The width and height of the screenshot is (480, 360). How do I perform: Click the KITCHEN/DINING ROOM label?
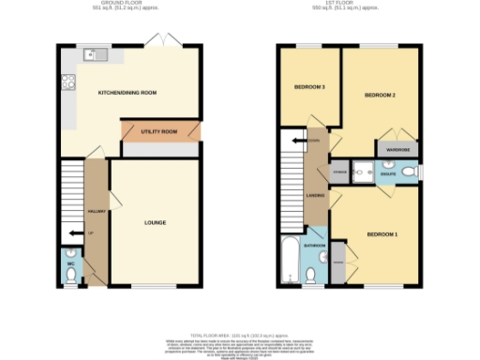click(x=127, y=93)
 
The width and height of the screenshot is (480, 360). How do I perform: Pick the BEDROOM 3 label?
click(x=309, y=86)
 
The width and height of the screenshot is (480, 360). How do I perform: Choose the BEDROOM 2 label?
click(x=380, y=96)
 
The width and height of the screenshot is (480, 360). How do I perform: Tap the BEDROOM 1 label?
click(x=382, y=233)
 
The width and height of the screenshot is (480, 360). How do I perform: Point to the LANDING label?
click(x=316, y=196)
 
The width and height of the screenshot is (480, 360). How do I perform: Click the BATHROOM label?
click(x=314, y=246)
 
